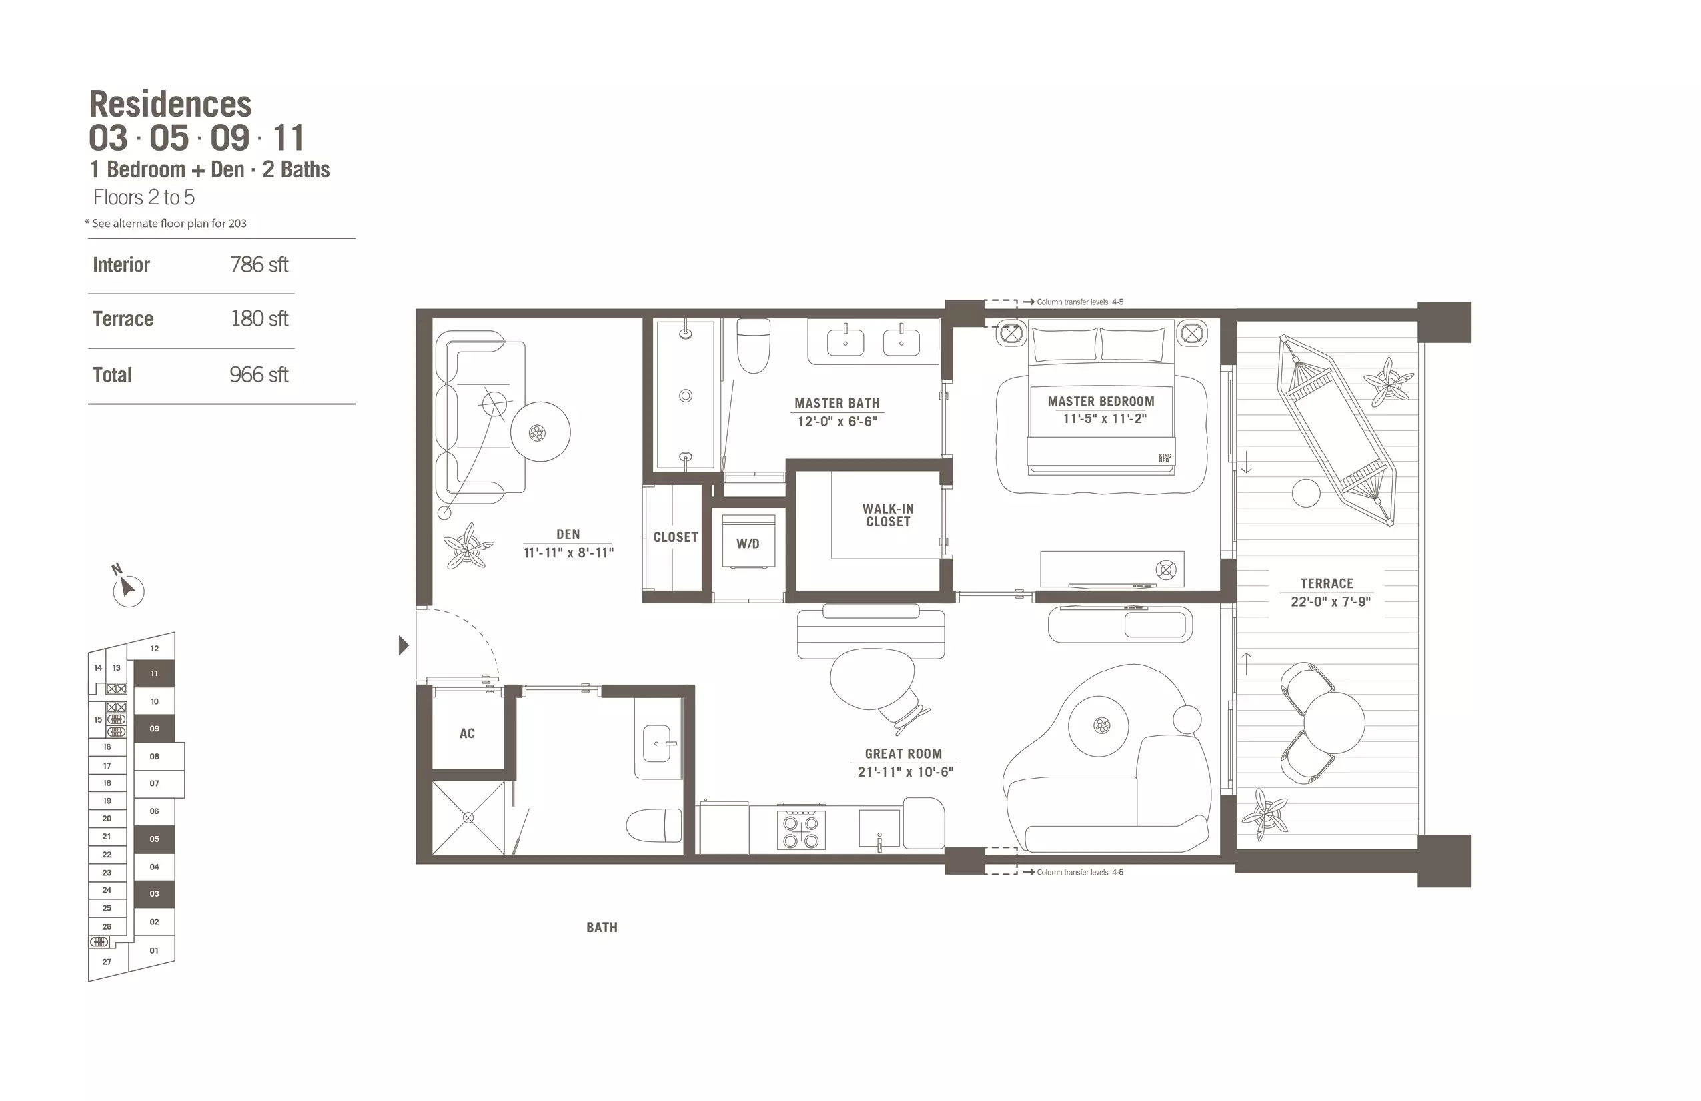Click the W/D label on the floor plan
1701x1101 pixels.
tap(748, 544)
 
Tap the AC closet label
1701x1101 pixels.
tap(467, 733)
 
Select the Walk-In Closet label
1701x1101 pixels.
tap(888, 515)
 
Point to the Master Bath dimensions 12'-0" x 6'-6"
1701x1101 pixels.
tap(837, 422)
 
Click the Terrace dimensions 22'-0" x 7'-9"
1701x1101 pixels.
tap(1330, 602)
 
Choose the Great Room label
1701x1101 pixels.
tap(903, 753)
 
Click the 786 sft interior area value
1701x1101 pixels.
tap(259, 264)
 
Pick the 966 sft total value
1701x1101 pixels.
tap(259, 374)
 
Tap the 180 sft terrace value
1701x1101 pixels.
tap(259, 319)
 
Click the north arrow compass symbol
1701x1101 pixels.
tap(128, 589)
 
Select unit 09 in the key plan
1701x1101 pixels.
tap(154, 729)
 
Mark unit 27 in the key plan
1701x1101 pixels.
tap(107, 962)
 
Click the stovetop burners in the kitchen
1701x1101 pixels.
tap(800, 831)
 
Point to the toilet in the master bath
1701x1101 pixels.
tap(753, 346)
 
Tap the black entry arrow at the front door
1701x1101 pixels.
tap(404, 646)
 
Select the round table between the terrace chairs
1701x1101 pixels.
tap(1334, 723)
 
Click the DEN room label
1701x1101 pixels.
tap(568, 534)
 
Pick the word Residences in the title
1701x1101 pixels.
tap(170, 104)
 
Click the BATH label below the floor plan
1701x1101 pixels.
tap(602, 928)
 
